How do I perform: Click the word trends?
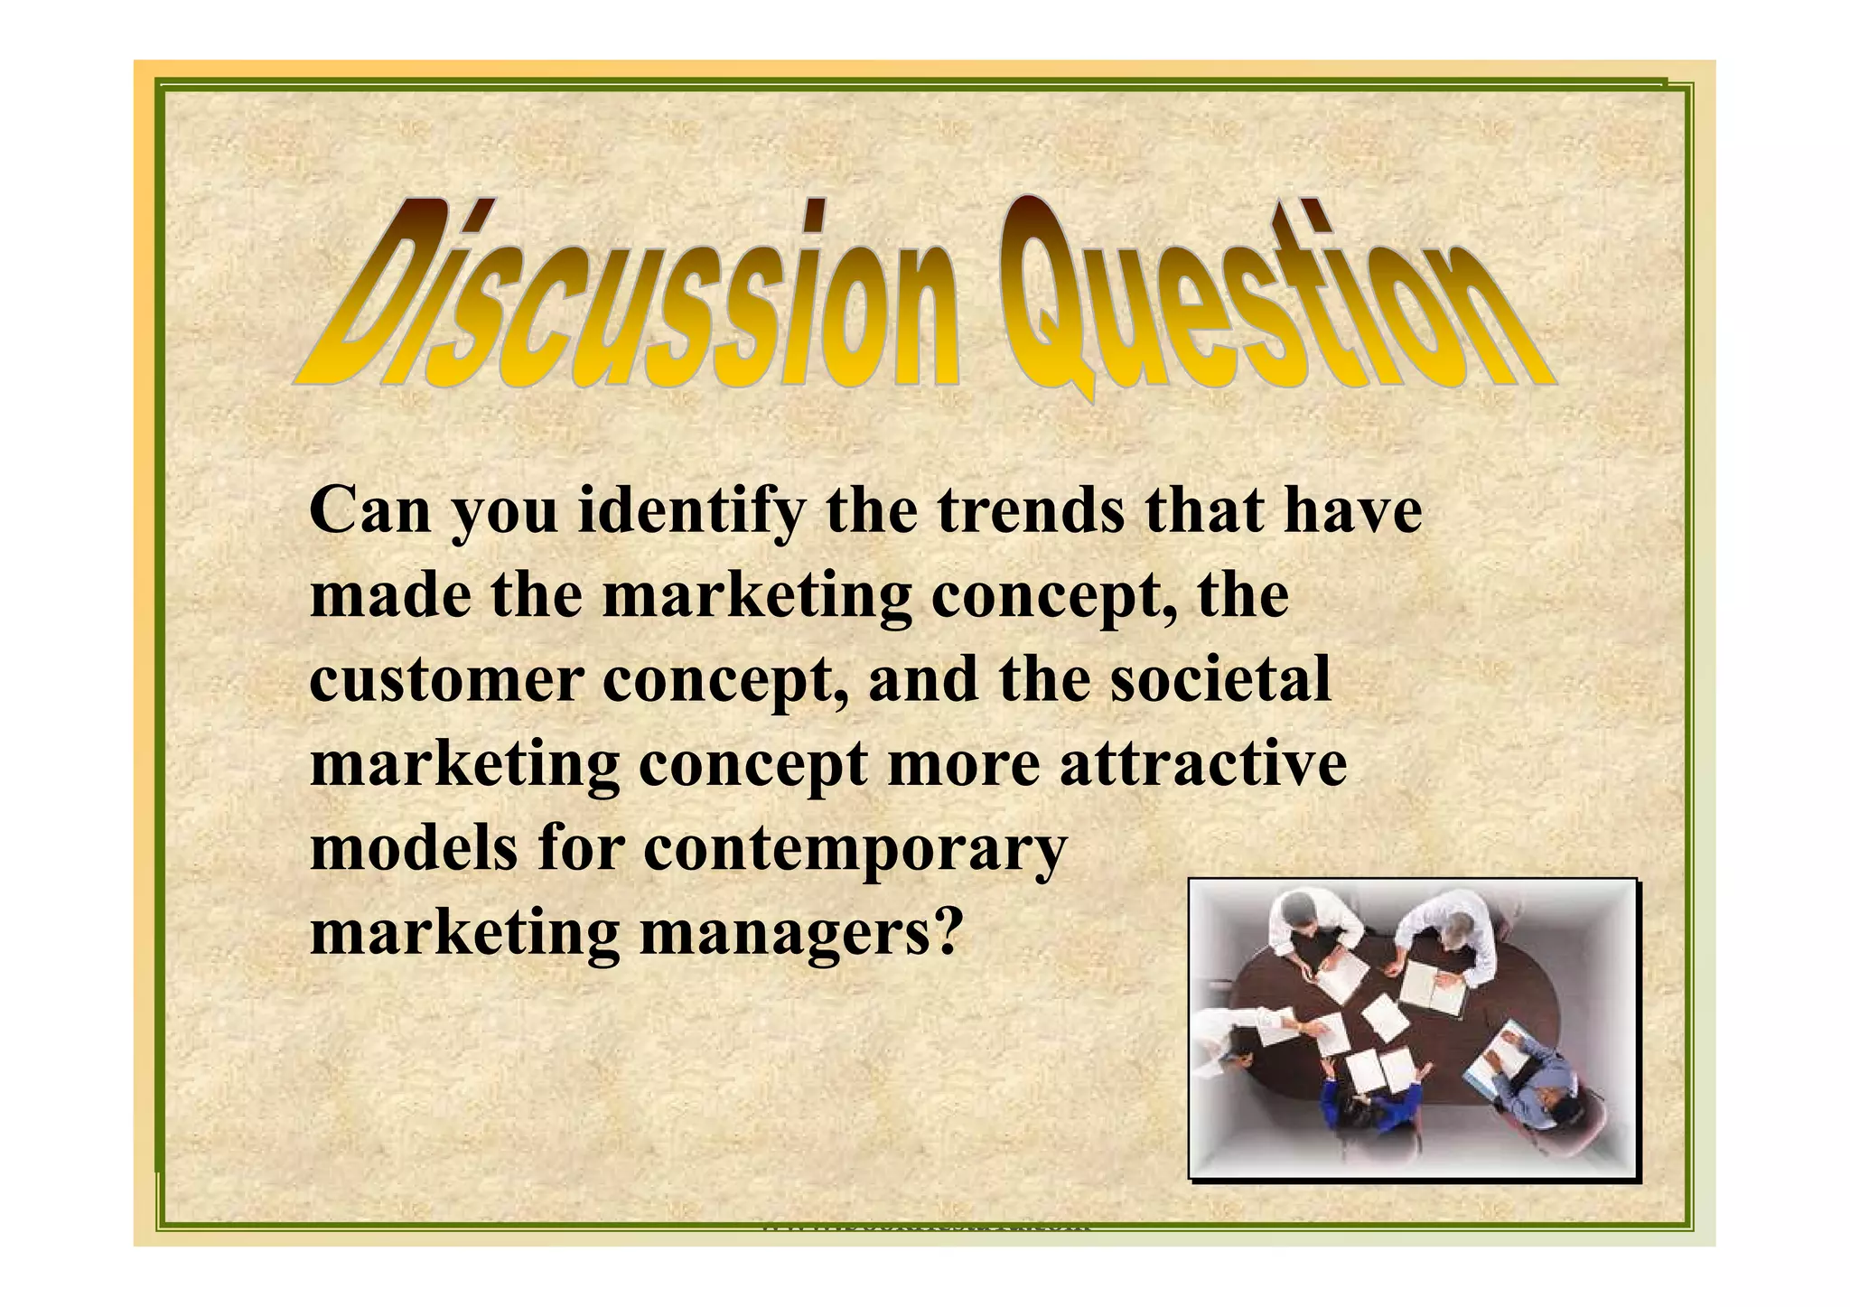point(1031,511)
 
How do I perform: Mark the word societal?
point(1220,679)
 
